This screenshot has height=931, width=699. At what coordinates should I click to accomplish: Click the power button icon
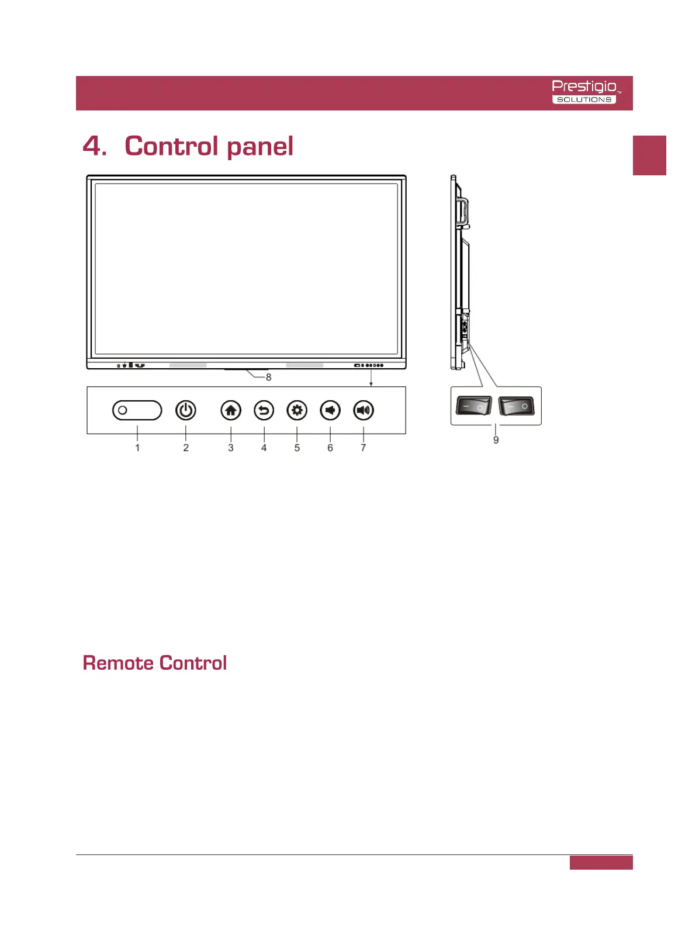point(186,410)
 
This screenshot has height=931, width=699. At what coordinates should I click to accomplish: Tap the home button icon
point(231,410)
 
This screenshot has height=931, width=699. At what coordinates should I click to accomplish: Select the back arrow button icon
point(264,410)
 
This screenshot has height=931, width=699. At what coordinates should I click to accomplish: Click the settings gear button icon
point(297,410)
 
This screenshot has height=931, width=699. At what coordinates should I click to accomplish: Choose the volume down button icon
point(330,410)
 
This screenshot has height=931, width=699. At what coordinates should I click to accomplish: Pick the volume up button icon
point(364,410)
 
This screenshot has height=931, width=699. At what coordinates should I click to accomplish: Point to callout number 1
point(137,448)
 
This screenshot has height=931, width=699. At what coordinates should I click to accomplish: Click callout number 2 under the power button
point(186,448)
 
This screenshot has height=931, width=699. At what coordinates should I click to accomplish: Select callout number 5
point(297,448)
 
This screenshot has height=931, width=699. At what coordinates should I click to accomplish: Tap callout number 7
point(364,448)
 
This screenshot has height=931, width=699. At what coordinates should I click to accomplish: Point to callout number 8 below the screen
point(269,378)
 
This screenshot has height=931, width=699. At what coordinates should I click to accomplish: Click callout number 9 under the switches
point(496,440)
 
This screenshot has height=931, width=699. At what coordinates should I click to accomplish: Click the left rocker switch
point(474,406)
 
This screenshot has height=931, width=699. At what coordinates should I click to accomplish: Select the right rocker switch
point(517,406)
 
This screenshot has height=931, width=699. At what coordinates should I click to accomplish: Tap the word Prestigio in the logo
point(584,86)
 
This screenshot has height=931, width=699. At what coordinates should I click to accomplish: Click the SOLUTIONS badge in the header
point(584,100)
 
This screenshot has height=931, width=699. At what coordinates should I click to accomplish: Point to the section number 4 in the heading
point(94,146)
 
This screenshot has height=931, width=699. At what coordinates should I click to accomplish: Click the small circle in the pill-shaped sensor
point(123,410)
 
